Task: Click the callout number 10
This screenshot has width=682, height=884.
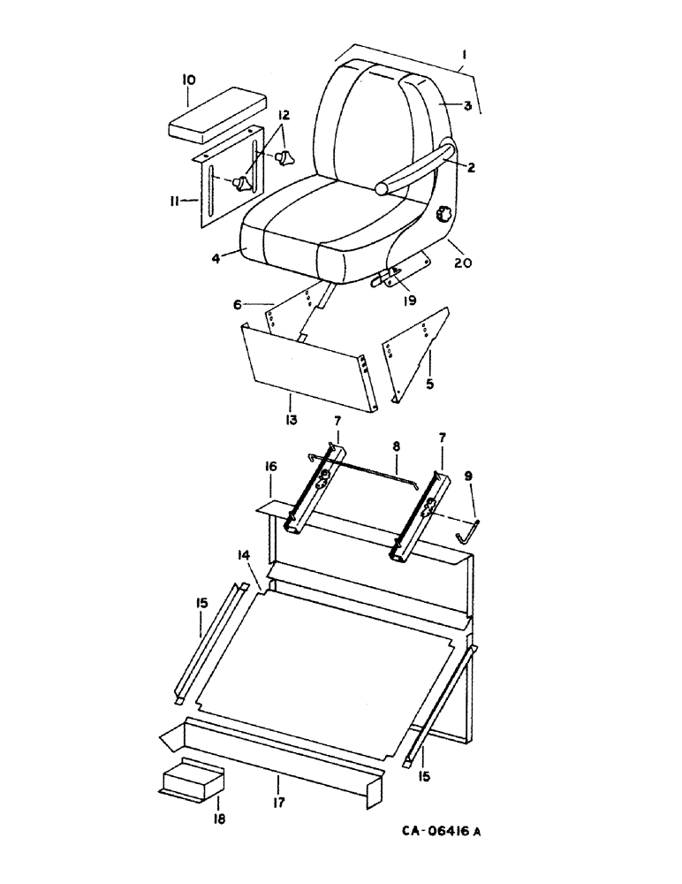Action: [188, 80]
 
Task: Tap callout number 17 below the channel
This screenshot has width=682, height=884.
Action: [279, 781]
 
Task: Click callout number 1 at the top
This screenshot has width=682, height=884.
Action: [463, 55]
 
